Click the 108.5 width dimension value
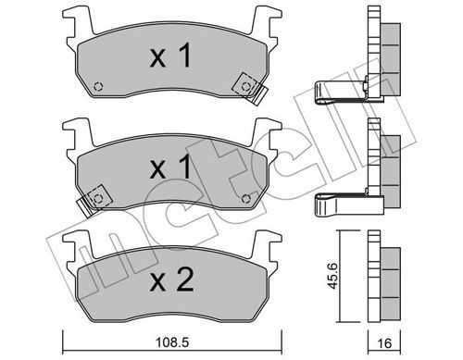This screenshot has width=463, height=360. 172,342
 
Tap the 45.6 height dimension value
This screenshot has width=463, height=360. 332,276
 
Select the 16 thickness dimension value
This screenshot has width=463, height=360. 384,343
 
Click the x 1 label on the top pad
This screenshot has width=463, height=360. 170,56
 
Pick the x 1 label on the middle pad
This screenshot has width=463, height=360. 170,168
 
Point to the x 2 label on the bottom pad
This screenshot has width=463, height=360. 171,279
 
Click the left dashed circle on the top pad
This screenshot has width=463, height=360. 98,87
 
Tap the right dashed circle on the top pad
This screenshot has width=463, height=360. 245,87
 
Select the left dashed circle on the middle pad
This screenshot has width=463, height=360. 98,198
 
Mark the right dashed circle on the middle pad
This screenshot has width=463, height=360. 245,198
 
